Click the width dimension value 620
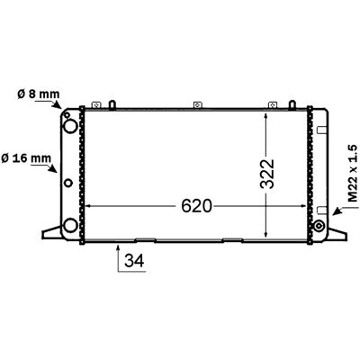[x=197, y=206]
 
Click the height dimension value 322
[x=267, y=174]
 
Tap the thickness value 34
[x=134, y=260]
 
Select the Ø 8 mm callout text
[x=39, y=94]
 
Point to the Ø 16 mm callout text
[x=26, y=157]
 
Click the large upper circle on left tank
[x=70, y=126]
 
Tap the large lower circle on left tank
[x=70, y=225]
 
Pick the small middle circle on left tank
[x=68, y=183]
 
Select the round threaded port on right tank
[x=318, y=226]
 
